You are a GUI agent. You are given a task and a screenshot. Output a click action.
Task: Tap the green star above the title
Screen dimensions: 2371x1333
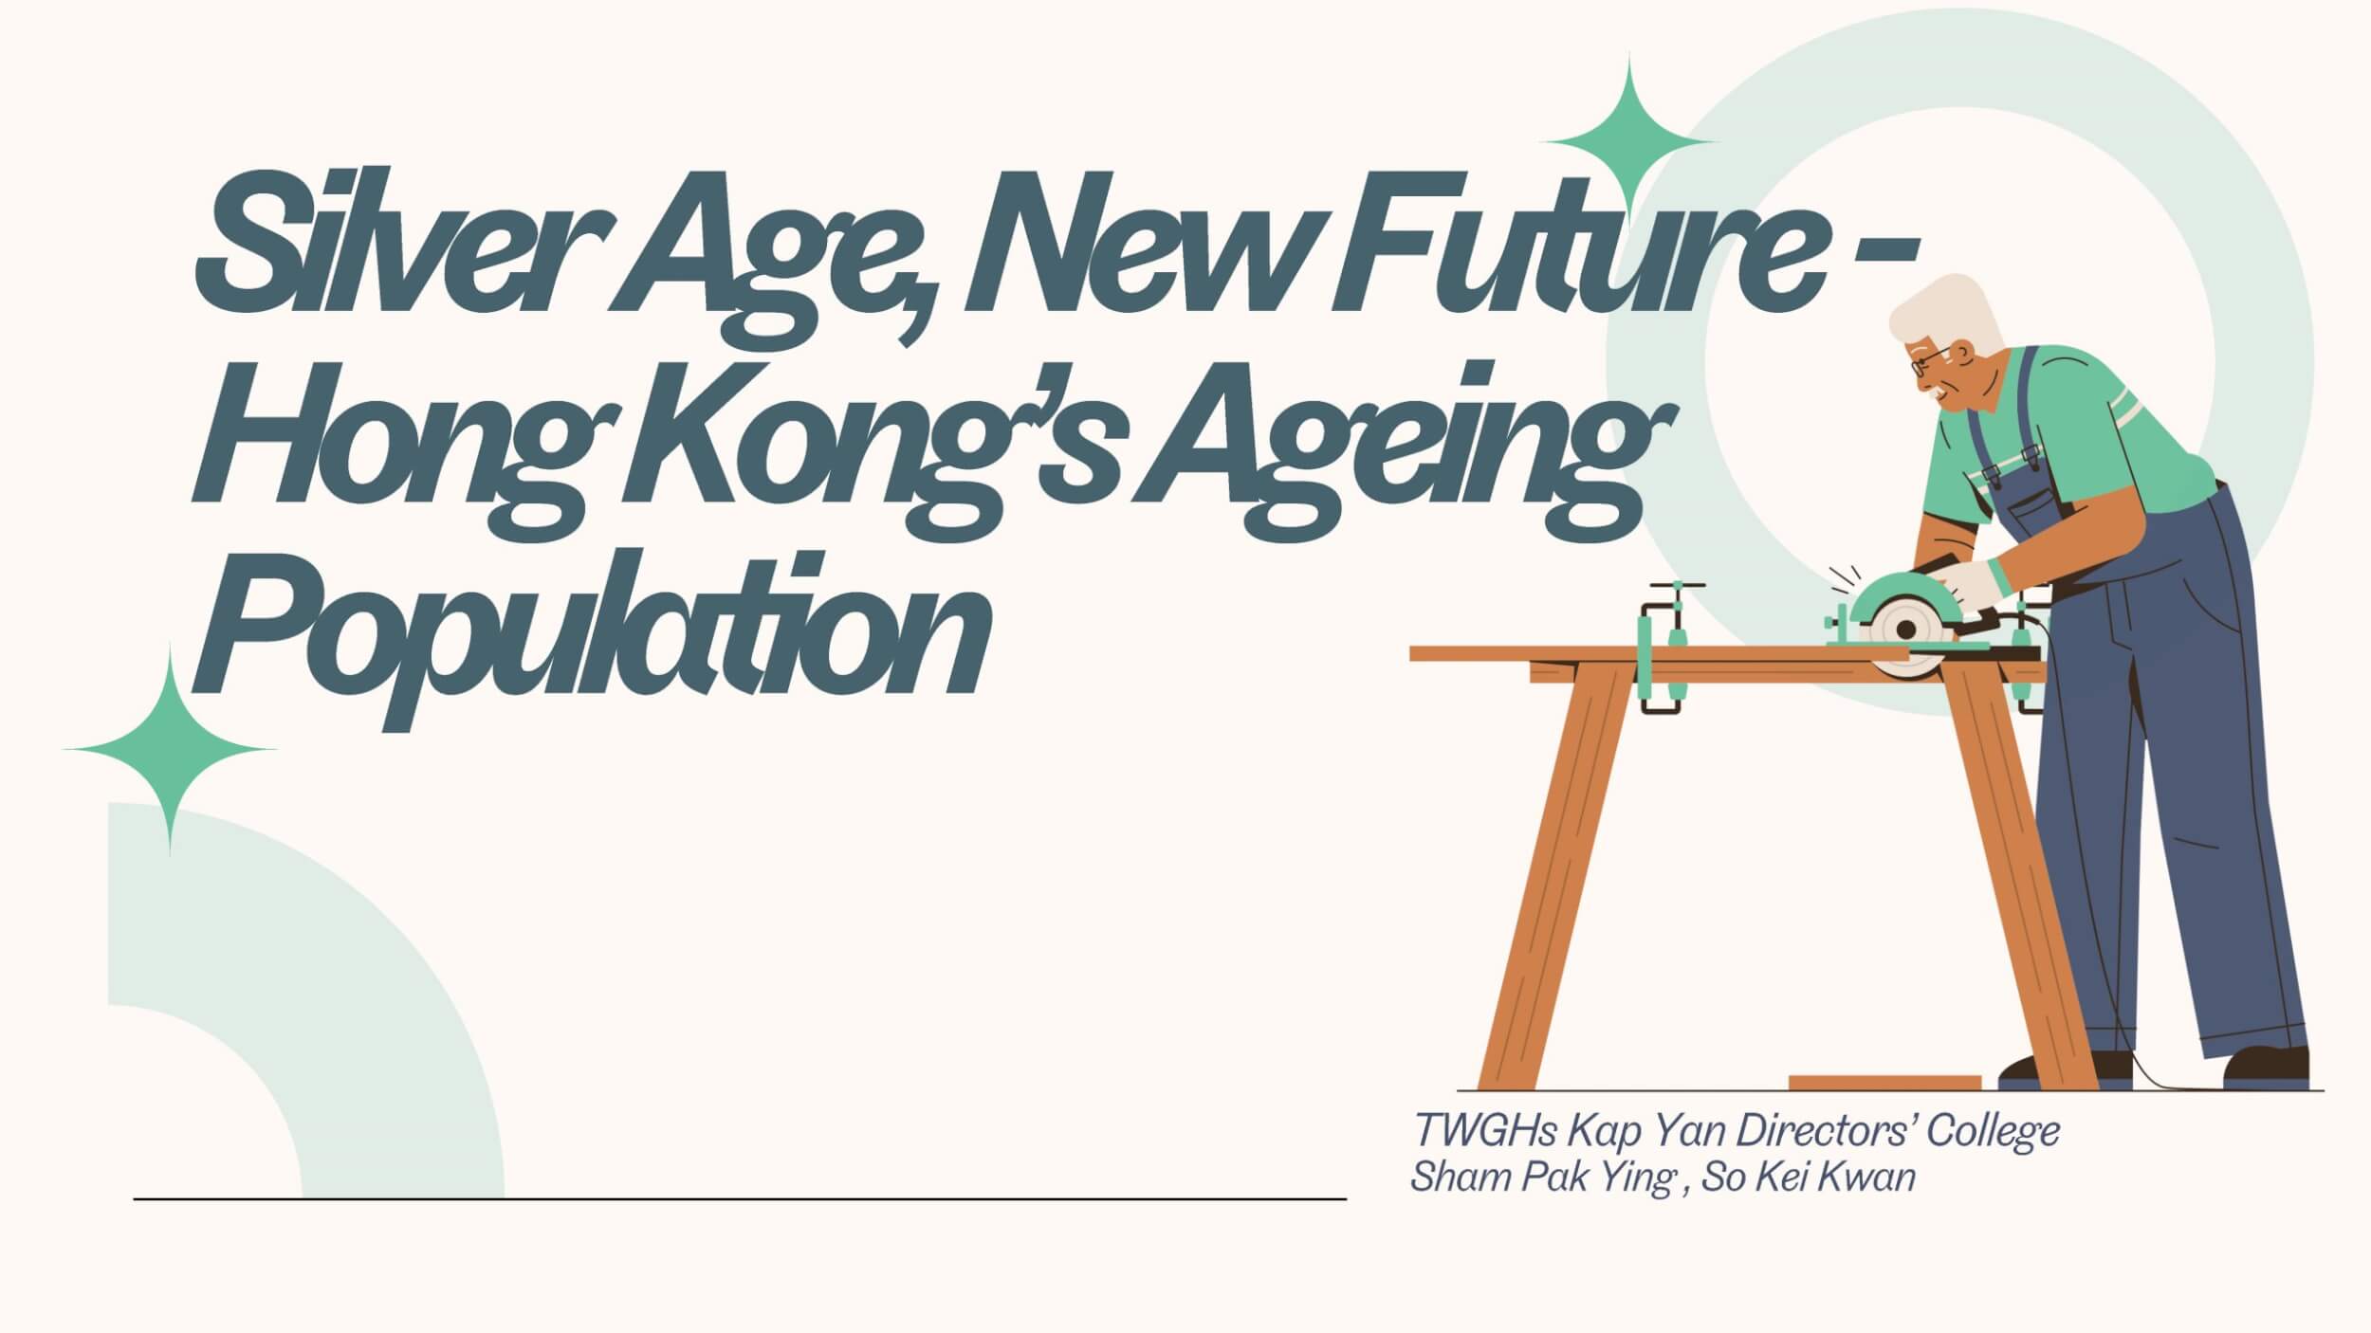pyautogui.click(x=1629, y=142)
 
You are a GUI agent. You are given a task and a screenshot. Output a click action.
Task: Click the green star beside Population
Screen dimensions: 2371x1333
pyautogui.click(x=170, y=749)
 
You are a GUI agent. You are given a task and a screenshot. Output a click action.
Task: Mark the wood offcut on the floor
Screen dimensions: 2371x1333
pyautogui.click(x=1884, y=1083)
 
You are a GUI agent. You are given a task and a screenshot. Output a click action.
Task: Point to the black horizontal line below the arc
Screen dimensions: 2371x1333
pyautogui.click(x=740, y=1199)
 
